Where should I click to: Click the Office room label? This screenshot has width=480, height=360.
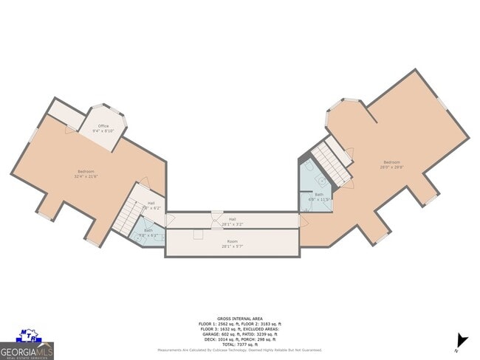(103, 126)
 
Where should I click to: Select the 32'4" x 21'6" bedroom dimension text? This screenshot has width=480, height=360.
(86, 176)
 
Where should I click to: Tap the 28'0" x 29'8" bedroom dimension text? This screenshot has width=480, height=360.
(391, 167)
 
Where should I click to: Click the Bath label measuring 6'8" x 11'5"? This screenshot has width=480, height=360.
(319, 197)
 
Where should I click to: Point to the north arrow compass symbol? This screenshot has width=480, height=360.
(462, 340)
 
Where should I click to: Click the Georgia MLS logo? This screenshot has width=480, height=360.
(27, 345)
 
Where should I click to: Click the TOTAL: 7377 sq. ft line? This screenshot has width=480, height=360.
(240, 344)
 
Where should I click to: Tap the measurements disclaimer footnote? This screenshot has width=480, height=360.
(240, 350)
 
